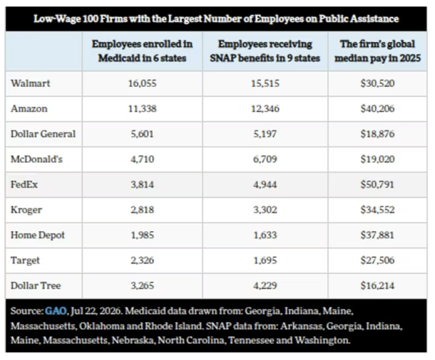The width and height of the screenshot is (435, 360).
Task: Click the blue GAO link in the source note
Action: (x=56, y=311)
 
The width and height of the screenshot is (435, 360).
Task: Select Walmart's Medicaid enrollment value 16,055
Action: (x=142, y=83)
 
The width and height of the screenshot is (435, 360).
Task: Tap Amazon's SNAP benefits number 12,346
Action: (x=265, y=109)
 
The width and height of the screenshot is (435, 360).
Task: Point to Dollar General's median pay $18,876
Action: (x=377, y=134)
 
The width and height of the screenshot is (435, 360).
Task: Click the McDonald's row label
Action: (x=37, y=159)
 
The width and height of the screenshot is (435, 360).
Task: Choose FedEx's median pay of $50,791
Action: (x=377, y=185)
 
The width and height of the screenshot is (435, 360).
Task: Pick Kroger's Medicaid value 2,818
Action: (x=142, y=210)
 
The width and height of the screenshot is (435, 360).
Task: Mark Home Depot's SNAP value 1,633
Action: (x=265, y=235)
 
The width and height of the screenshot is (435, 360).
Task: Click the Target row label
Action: (x=25, y=261)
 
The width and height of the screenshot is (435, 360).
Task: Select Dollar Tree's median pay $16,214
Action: (x=377, y=285)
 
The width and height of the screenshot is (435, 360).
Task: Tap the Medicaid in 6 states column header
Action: (x=142, y=51)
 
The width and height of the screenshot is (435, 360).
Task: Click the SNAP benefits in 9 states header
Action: (x=265, y=51)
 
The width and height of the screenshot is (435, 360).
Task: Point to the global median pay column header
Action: (x=377, y=51)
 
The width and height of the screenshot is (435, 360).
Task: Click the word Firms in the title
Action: (x=113, y=19)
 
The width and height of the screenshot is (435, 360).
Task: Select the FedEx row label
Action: (x=24, y=185)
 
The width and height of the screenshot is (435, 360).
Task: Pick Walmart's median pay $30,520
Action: (x=377, y=83)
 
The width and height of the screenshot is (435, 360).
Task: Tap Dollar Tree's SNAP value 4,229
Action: (x=265, y=285)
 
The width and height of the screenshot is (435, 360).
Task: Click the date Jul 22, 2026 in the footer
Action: (x=96, y=311)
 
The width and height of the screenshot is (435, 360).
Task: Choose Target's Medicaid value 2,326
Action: (x=142, y=261)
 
